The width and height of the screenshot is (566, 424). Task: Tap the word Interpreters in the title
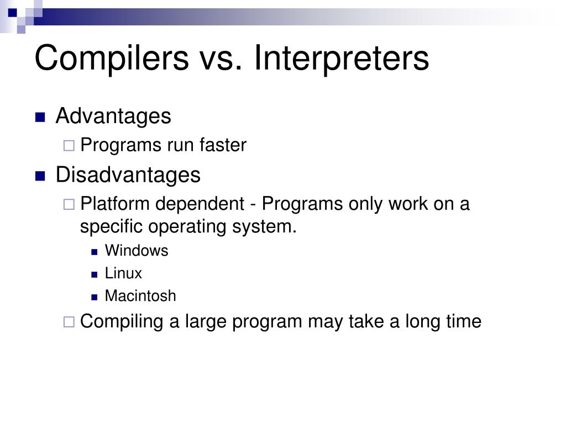[342, 57]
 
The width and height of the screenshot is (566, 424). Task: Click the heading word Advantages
[113, 116]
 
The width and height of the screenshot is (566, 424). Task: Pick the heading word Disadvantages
[128, 175]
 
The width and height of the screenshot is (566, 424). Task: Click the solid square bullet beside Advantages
[40, 117]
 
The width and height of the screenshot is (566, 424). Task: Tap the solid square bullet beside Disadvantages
[40, 176]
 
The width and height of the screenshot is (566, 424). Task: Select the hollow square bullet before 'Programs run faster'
[69, 146]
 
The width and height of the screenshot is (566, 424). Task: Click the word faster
[223, 145]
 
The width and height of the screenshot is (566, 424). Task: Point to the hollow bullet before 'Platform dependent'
[69, 204]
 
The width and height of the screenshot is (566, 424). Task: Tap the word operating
[187, 227]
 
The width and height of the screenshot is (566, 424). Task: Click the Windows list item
[137, 251]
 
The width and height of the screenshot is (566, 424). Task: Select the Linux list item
[123, 273]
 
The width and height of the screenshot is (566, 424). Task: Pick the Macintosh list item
[140, 296]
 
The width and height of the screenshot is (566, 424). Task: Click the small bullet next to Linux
[95, 275]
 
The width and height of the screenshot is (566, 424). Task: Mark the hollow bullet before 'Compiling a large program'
[69, 322]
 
